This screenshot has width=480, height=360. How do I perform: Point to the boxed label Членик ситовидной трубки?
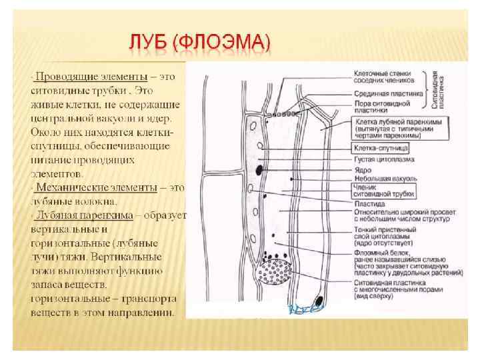[385, 191]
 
